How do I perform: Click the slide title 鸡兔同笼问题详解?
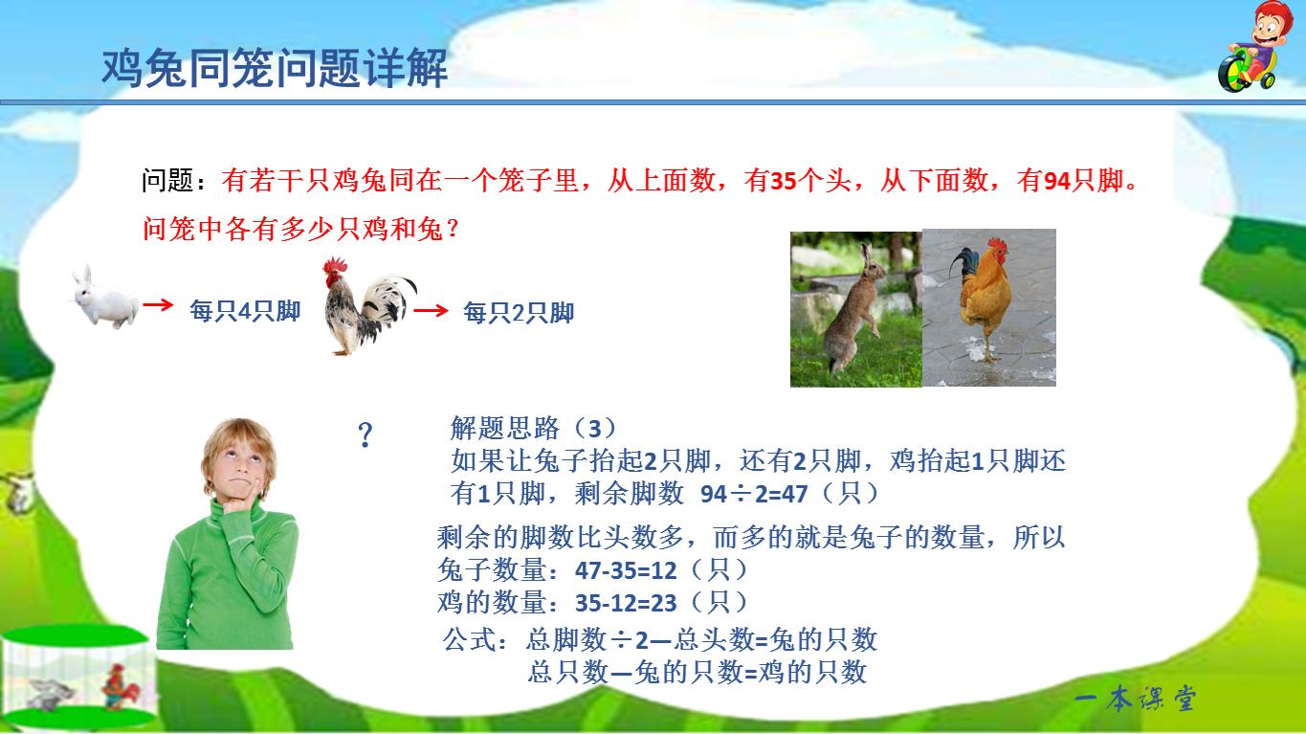point(275,70)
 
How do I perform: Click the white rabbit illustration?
point(104,298)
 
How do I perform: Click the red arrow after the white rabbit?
point(158,305)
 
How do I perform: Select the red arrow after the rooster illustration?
point(432,310)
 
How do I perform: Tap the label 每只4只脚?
point(245,311)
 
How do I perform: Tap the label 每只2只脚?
point(519,313)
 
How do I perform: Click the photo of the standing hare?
point(855,307)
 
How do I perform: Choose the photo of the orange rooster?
point(988,307)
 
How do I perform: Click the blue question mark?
point(365,436)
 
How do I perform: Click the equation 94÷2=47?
point(755,494)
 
